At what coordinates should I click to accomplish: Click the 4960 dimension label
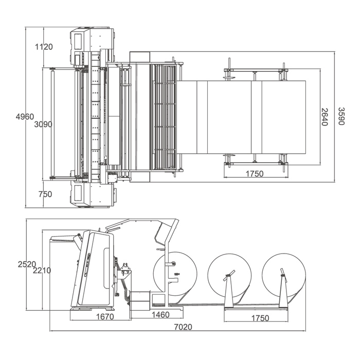(x=25, y=117)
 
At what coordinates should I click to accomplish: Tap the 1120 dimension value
(x=44, y=47)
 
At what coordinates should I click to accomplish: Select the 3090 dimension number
(x=43, y=124)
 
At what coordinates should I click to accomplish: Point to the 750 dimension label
(x=45, y=194)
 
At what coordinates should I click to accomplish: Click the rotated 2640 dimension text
(x=324, y=117)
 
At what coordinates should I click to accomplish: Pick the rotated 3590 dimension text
(x=341, y=116)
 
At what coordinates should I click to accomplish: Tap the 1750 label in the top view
(x=255, y=174)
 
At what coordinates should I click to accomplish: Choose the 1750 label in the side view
(x=260, y=318)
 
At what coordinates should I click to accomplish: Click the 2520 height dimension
(x=27, y=264)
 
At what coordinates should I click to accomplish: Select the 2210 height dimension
(x=42, y=271)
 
